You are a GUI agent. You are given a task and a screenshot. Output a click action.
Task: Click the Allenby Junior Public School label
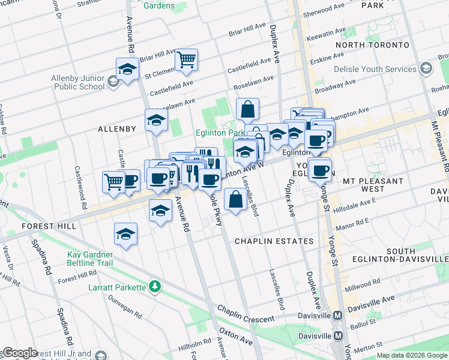click(x=78, y=82)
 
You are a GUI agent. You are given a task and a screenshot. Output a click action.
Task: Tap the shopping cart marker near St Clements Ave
click(x=187, y=59)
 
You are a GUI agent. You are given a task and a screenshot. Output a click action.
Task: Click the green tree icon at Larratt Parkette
click(x=155, y=287)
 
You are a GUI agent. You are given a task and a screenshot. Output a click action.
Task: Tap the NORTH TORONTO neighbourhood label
click(x=372, y=45)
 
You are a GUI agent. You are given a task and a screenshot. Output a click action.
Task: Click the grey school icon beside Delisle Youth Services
click(x=426, y=68)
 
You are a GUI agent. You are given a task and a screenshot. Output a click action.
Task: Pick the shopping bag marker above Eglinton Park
click(x=247, y=110)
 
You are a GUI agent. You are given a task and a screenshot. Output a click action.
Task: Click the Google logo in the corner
click(x=19, y=353)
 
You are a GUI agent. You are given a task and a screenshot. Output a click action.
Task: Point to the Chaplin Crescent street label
click(x=246, y=315)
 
